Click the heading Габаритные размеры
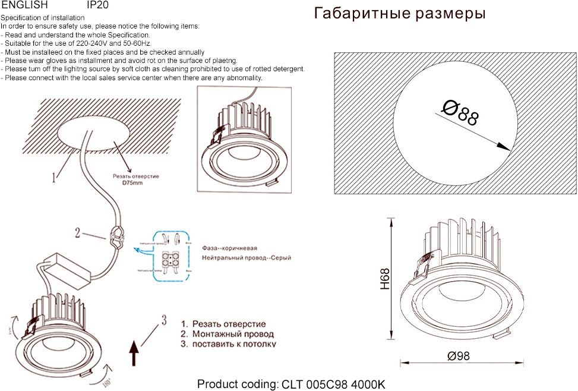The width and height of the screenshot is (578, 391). pyautogui.click(x=399, y=14)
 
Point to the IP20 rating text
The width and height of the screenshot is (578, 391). pyautogui.click(x=97, y=5)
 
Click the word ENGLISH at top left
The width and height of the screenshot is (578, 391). pyautogui.click(x=24, y=5)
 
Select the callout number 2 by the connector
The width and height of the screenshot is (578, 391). pyautogui.click(x=77, y=232)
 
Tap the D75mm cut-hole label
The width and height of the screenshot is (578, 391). pyautogui.click(x=132, y=184)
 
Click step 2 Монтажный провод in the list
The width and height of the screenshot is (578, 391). pyautogui.click(x=228, y=334)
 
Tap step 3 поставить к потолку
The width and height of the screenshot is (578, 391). pyautogui.click(x=228, y=344)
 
